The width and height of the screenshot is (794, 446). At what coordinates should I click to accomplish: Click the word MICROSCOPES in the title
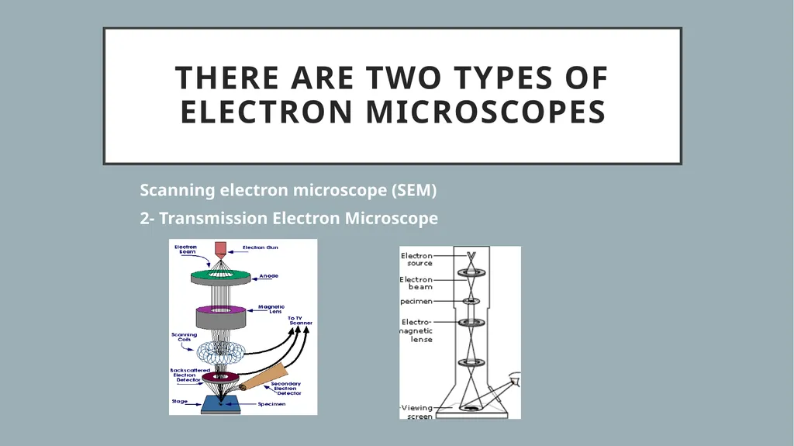click(485, 112)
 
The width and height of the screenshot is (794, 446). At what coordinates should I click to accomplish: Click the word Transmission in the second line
click(214, 219)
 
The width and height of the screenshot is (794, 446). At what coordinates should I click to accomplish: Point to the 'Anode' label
click(268, 276)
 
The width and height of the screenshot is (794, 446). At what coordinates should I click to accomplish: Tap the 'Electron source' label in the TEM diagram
click(417, 259)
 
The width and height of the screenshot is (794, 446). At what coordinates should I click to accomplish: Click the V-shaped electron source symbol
click(470, 255)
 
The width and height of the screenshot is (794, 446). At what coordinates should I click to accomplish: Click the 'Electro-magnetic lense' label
click(417, 330)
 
